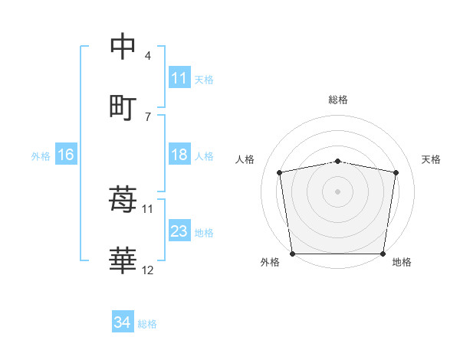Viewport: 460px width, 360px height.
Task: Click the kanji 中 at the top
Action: [123, 47]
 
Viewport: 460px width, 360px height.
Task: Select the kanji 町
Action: [123, 106]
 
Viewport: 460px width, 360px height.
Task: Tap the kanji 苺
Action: [123, 200]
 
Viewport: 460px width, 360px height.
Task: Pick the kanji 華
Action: [123, 261]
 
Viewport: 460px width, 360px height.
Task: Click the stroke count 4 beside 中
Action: [147, 56]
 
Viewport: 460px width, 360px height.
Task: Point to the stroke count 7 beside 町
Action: [147, 116]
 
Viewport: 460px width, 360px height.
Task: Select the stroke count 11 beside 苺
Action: [148, 208]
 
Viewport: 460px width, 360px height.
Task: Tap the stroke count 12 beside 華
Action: [148, 270]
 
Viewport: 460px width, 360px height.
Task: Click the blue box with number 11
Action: [179, 78]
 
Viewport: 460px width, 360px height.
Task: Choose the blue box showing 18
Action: [179, 155]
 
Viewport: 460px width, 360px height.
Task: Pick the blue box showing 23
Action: [179, 231]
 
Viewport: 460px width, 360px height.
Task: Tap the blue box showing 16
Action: [65, 155]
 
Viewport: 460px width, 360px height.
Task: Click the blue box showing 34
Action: [122, 323]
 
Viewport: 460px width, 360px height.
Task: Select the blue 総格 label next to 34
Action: [147, 324]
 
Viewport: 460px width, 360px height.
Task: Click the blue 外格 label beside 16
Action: [41, 155]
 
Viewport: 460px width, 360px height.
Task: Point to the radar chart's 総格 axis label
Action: [337, 100]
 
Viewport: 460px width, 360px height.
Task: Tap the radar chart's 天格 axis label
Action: [431, 159]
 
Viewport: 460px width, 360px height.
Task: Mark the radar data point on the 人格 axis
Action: [280, 172]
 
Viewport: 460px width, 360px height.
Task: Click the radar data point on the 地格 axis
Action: [383, 254]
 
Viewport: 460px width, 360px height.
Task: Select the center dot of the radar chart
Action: [337, 191]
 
